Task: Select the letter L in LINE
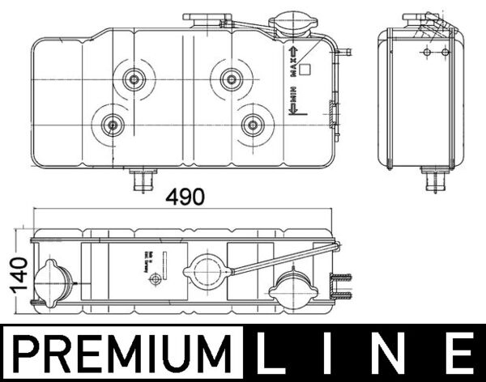[275, 355]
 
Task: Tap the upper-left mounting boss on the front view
[132, 79]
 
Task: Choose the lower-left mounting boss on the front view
[111, 125]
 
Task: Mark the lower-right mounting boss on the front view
[253, 125]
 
